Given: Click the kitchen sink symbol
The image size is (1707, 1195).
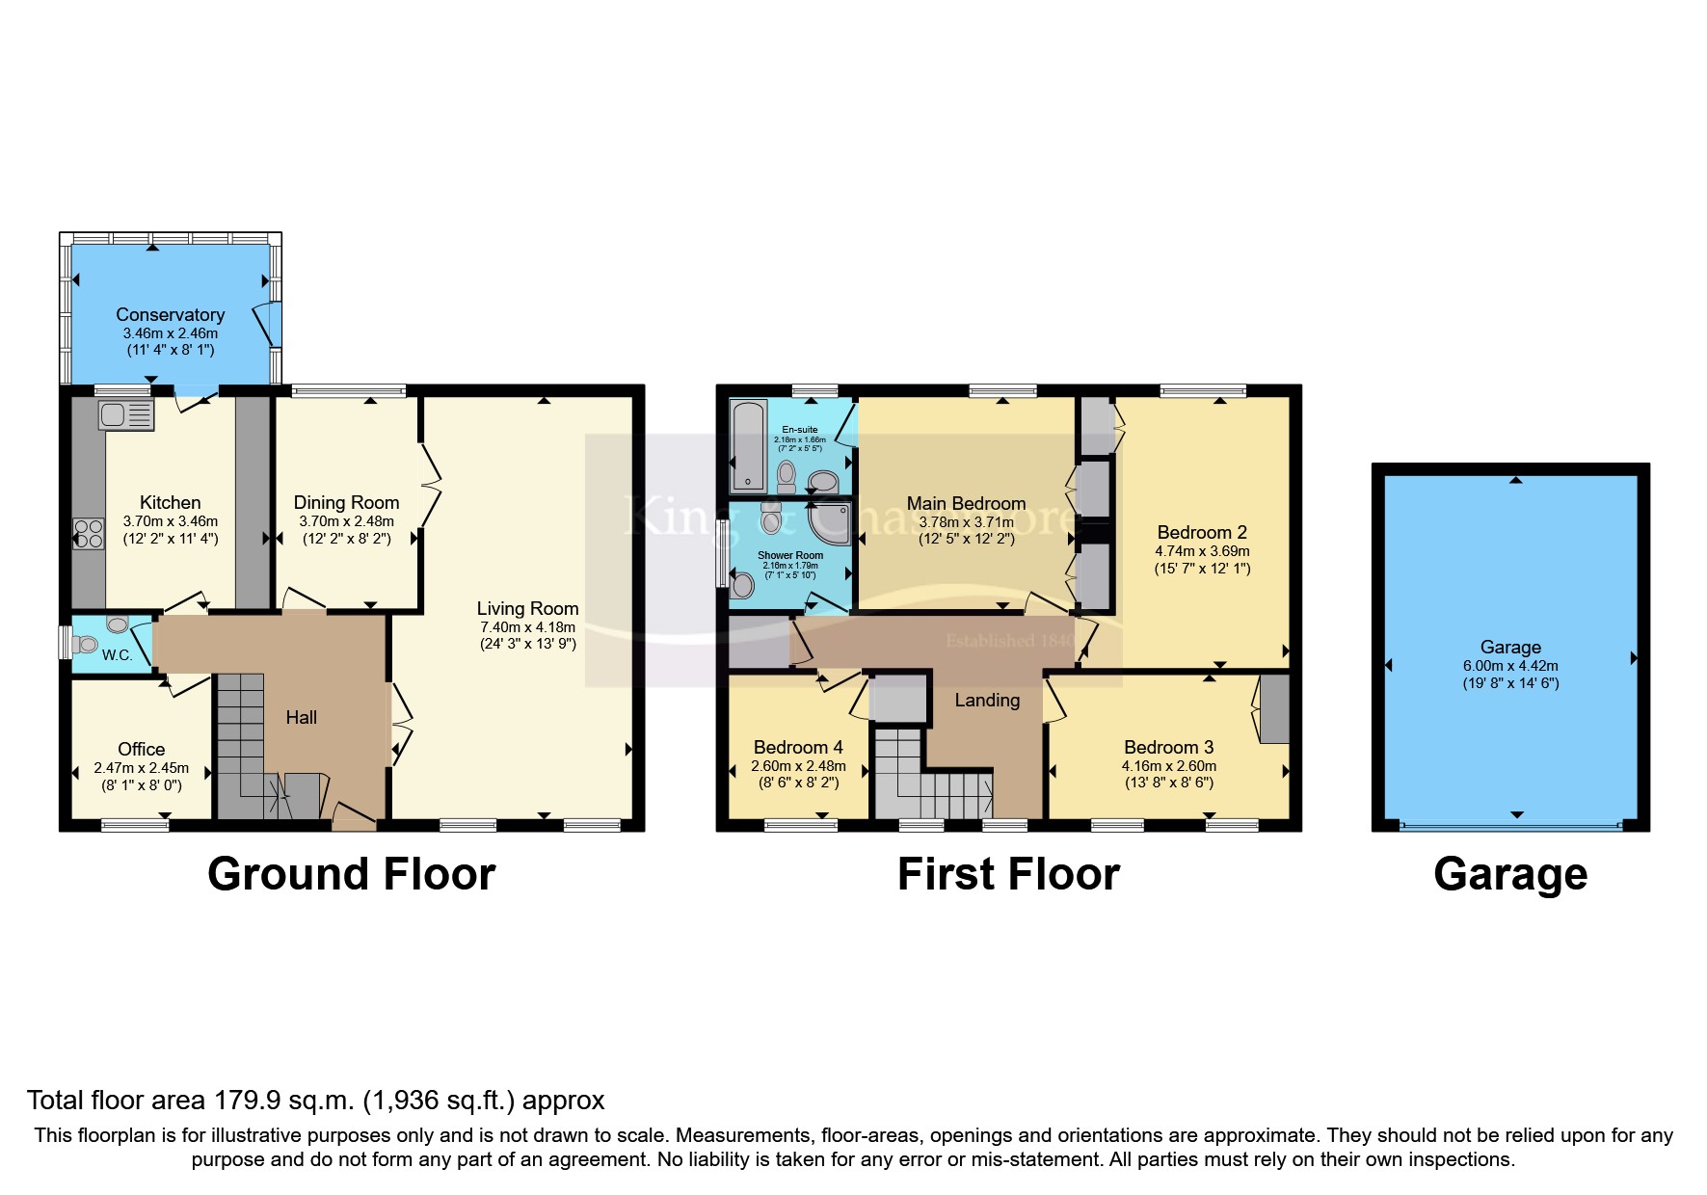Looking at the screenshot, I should (x=125, y=416).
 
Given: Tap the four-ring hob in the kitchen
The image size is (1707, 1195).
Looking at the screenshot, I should (x=89, y=533).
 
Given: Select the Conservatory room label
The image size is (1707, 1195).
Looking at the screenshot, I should (x=170, y=314).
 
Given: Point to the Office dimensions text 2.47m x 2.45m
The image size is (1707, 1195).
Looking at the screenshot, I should (x=141, y=768).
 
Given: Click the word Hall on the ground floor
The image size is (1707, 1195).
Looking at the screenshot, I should (x=301, y=717).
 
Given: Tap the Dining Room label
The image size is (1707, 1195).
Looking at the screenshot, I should (x=346, y=502).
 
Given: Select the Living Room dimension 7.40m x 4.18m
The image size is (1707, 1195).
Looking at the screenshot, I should (x=528, y=626).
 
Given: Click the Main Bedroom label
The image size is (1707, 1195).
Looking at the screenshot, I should (x=966, y=503).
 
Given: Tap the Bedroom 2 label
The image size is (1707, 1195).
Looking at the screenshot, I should (x=1202, y=532).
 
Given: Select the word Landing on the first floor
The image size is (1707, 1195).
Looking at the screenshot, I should (x=987, y=700).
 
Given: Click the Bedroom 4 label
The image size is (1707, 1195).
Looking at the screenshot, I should (x=798, y=747).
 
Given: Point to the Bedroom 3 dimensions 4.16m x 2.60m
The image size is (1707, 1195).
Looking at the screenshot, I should (x=1168, y=766).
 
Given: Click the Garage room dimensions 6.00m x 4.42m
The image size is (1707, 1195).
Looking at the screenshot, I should (x=1510, y=665).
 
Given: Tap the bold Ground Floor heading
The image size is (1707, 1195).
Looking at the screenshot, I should (x=351, y=874).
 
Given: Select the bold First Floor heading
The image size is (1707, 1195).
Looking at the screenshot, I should (x=1008, y=874).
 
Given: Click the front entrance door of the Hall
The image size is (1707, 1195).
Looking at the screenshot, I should (x=353, y=819).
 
